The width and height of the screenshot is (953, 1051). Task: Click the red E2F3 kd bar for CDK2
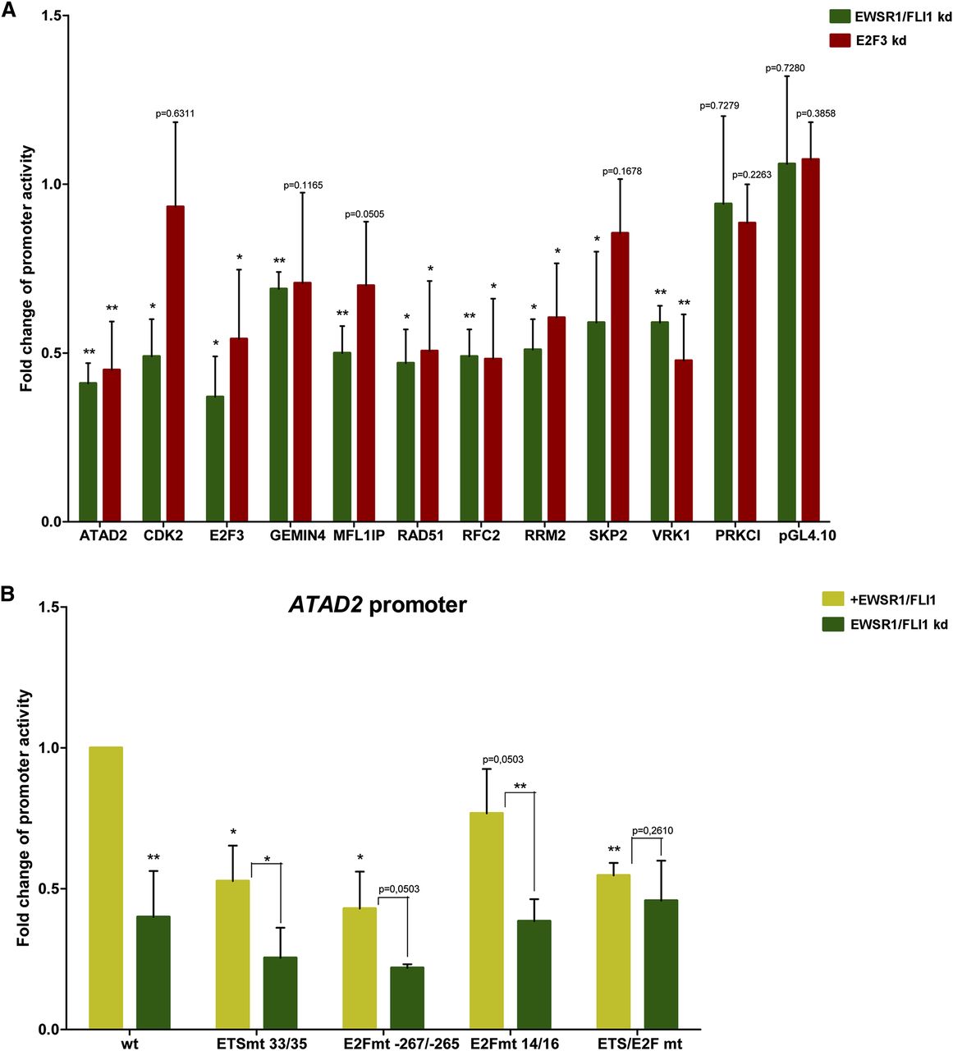point(175,364)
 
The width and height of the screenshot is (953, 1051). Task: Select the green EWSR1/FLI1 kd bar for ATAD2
point(88,452)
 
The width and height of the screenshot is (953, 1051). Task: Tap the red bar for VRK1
point(684,440)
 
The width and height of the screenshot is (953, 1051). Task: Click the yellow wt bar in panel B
point(106,888)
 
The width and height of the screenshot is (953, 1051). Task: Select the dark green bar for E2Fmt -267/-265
point(406,998)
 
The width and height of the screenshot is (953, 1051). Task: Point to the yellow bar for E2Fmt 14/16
point(486,920)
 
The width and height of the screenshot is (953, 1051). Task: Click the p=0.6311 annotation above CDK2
point(175,113)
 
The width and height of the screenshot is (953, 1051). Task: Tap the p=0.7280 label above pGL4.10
point(785,68)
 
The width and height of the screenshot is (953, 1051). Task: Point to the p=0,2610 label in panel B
point(653,831)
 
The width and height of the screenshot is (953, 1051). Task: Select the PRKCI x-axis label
point(737,536)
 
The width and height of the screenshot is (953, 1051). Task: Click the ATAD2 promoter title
point(377,606)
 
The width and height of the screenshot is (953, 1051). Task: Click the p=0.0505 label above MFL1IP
point(364,214)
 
